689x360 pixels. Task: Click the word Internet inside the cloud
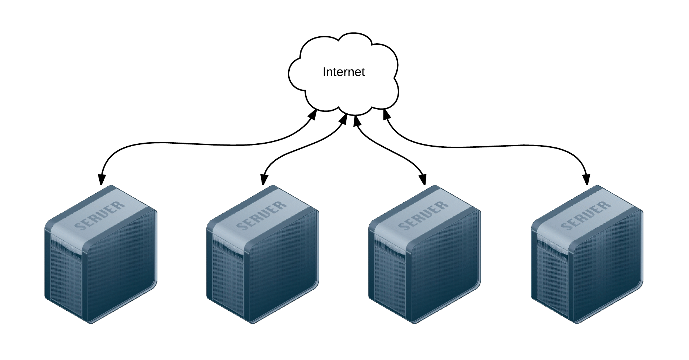click(343, 72)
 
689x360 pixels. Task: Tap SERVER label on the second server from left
click(262, 215)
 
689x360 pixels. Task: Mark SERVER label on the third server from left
click(424, 215)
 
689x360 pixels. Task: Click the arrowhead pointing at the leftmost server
click(101, 179)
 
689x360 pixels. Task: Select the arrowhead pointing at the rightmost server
click(586, 179)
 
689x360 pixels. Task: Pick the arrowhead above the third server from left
click(423, 179)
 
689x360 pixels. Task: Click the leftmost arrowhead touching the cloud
click(313, 114)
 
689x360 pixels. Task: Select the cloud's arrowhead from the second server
click(343, 119)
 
